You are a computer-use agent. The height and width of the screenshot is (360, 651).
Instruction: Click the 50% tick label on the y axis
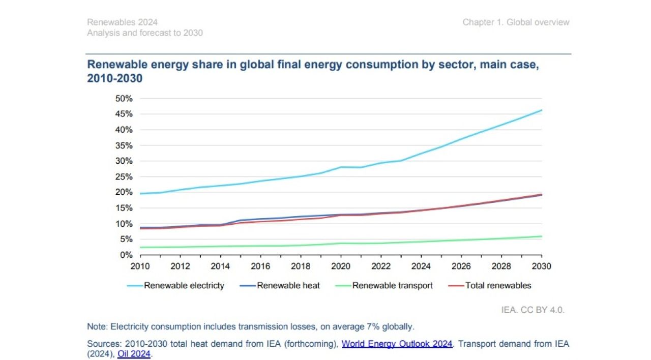[124, 98]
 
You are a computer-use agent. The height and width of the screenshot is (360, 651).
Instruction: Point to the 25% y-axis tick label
[124, 176]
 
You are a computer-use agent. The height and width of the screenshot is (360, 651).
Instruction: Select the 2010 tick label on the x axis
[140, 266]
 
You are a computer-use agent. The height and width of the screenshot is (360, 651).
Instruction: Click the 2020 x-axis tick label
[341, 266]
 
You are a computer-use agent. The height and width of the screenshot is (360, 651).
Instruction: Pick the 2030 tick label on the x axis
[542, 266]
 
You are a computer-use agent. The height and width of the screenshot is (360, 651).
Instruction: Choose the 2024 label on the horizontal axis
[421, 266]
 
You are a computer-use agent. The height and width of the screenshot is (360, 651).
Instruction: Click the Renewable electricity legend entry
[184, 286]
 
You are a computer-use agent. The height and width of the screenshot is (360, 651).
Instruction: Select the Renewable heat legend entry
[288, 286]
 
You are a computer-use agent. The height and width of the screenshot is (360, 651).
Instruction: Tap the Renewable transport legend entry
[392, 286]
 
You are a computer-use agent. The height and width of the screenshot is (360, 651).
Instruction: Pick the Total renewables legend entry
[498, 286]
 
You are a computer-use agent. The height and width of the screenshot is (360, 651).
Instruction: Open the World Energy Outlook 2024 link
[397, 344]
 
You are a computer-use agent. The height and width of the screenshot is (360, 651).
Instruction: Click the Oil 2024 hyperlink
[134, 354]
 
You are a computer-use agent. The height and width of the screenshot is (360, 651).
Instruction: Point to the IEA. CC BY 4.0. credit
[533, 310]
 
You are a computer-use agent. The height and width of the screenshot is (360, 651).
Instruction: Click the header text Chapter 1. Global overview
[516, 22]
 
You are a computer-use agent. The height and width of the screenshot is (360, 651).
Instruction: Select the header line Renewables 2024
[122, 22]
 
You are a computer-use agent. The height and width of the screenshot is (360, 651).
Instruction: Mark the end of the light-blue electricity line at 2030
[542, 110]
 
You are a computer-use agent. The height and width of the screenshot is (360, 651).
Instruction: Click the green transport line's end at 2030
[542, 236]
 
